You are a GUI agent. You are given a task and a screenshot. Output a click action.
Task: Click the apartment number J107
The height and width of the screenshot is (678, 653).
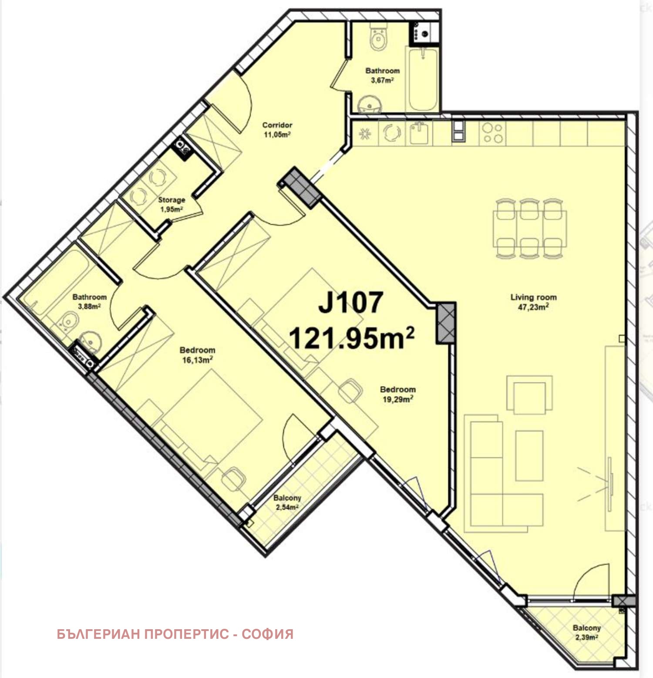click(350, 302)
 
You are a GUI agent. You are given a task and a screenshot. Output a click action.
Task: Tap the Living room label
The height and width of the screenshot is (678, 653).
click(533, 302)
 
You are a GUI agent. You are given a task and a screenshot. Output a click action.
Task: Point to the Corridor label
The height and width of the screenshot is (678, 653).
click(277, 129)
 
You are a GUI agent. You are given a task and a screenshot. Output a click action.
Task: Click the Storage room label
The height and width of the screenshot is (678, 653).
click(172, 204)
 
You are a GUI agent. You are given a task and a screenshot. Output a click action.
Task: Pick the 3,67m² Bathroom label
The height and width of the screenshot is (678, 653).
click(382, 75)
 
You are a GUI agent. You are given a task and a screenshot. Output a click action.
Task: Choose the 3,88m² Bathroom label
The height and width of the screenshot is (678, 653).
click(89, 301)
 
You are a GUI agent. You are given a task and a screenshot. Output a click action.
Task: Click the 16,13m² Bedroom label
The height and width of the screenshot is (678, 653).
click(197, 354)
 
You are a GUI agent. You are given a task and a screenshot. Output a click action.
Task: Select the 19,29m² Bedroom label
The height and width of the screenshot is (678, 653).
click(397, 394)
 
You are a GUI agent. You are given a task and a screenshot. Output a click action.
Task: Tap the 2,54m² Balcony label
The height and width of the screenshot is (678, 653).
click(287, 502)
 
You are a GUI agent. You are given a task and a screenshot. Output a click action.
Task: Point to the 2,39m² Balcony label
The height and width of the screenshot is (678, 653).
click(586, 632)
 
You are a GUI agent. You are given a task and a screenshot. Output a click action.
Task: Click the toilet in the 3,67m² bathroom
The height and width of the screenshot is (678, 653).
click(377, 37)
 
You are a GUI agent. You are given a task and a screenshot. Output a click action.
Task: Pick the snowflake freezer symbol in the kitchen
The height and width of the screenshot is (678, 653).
click(365, 133)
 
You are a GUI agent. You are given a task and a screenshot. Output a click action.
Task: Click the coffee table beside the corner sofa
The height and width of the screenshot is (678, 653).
click(529, 455)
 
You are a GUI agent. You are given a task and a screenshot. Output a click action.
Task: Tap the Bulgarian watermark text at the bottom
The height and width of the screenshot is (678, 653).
click(175, 634)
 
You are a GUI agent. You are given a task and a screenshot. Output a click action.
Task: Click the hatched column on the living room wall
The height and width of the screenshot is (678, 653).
click(446, 323)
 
